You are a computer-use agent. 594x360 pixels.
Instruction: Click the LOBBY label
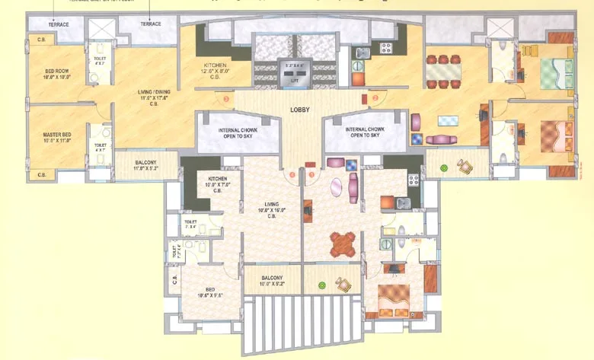click(299, 110)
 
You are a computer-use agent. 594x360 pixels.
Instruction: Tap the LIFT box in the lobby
click(294, 72)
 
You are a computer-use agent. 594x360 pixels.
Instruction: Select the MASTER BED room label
click(57, 137)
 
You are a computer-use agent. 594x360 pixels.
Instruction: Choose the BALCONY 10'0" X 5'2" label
click(272, 281)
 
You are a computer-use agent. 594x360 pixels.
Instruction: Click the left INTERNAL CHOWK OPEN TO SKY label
click(237, 132)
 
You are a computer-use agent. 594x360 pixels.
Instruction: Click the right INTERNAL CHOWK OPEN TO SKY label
click(365, 132)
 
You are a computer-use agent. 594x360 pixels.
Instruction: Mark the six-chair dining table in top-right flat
click(444, 71)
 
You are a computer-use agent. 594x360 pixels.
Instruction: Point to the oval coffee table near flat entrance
click(337, 187)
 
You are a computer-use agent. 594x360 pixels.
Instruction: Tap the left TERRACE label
click(58, 24)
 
